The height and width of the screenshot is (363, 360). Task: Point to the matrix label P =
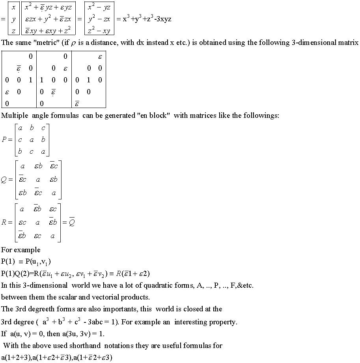[x=7, y=140]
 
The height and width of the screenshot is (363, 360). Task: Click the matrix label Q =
[x=7, y=180]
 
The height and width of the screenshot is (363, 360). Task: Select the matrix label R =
[x=7, y=222]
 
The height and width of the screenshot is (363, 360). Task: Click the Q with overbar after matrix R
[x=71, y=222]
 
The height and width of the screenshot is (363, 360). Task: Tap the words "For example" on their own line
[x=21, y=250]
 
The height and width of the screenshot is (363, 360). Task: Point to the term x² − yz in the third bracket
[x=99, y=7]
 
